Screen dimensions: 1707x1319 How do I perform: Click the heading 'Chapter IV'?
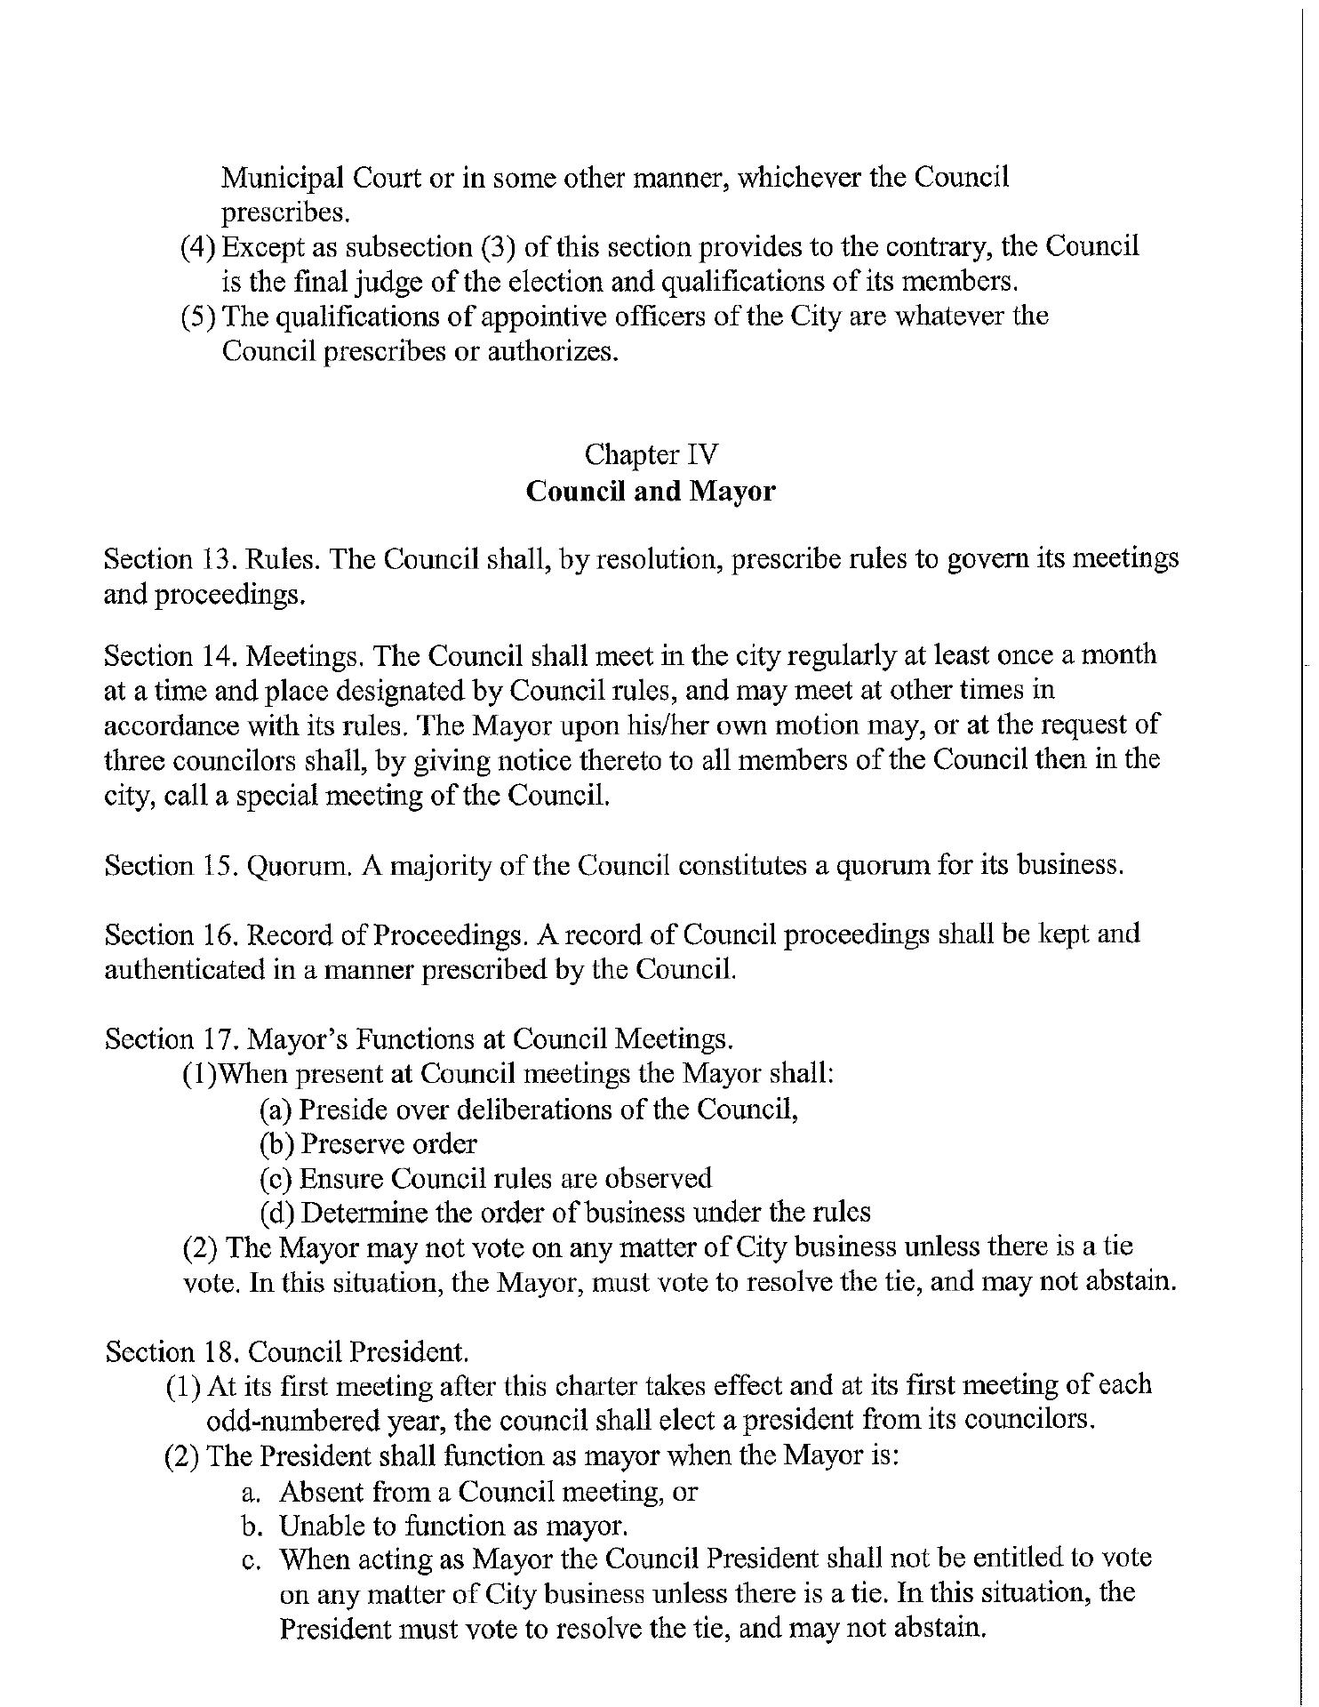point(650,455)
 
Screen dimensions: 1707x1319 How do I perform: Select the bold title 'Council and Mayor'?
point(650,491)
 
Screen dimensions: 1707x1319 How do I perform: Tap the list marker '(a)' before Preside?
point(276,1110)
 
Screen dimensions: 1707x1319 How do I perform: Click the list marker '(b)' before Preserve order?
point(276,1144)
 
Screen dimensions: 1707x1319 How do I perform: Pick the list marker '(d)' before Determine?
point(276,1213)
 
